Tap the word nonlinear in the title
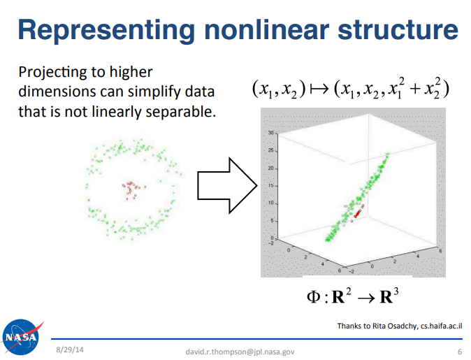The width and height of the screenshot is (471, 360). pos(266,30)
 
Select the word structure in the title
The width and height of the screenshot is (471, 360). pos(398,30)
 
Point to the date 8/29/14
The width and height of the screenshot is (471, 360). pos(70,350)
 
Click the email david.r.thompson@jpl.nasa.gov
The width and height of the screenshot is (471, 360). pos(240,352)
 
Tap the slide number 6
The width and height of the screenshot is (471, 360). pos(460,352)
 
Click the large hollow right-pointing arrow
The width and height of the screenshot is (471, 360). pos(227,185)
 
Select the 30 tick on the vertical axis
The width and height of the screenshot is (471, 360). pos(271,133)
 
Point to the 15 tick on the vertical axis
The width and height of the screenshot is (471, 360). pos(271,185)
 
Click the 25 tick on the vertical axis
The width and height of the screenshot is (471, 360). pos(271,150)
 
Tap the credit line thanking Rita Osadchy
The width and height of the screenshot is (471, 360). pos(400,326)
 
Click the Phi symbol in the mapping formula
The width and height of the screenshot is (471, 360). pos(313,297)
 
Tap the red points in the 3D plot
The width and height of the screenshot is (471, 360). pos(358,213)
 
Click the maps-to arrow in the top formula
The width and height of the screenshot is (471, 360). pos(319,89)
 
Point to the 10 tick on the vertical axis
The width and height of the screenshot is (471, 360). pos(271,203)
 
